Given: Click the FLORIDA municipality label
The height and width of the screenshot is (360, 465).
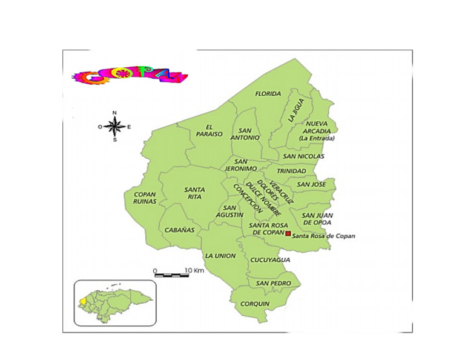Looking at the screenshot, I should click(x=268, y=94).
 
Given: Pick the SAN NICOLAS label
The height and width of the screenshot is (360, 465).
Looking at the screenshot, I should click(x=303, y=156).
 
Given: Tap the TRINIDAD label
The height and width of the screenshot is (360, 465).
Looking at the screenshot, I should click(x=291, y=171).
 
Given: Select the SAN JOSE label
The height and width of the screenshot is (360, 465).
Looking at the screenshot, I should click(x=311, y=184).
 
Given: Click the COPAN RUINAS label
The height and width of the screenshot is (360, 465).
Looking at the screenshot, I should click(x=145, y=198).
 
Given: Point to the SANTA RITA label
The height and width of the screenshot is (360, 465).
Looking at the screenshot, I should click(x=194, y=193).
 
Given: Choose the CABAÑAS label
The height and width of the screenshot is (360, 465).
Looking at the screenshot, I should click(x=180, y=230).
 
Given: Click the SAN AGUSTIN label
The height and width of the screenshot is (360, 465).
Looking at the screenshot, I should click(x=230, y=211).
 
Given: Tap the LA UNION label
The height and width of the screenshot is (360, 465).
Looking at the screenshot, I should click(x=220, y=256).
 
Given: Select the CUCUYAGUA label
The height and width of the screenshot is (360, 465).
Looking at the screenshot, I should click(x=270, y=260).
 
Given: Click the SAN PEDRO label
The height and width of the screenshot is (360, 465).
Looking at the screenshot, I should click(x=273, y=284).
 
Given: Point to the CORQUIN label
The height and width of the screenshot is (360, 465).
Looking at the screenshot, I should click(x=254, y=304).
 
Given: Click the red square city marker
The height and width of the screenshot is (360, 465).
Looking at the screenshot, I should click(x=288, y=233).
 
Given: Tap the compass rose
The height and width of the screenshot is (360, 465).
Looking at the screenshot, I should click(x=114, y=127).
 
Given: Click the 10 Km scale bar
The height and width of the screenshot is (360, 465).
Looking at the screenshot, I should click(x=171, y=275).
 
